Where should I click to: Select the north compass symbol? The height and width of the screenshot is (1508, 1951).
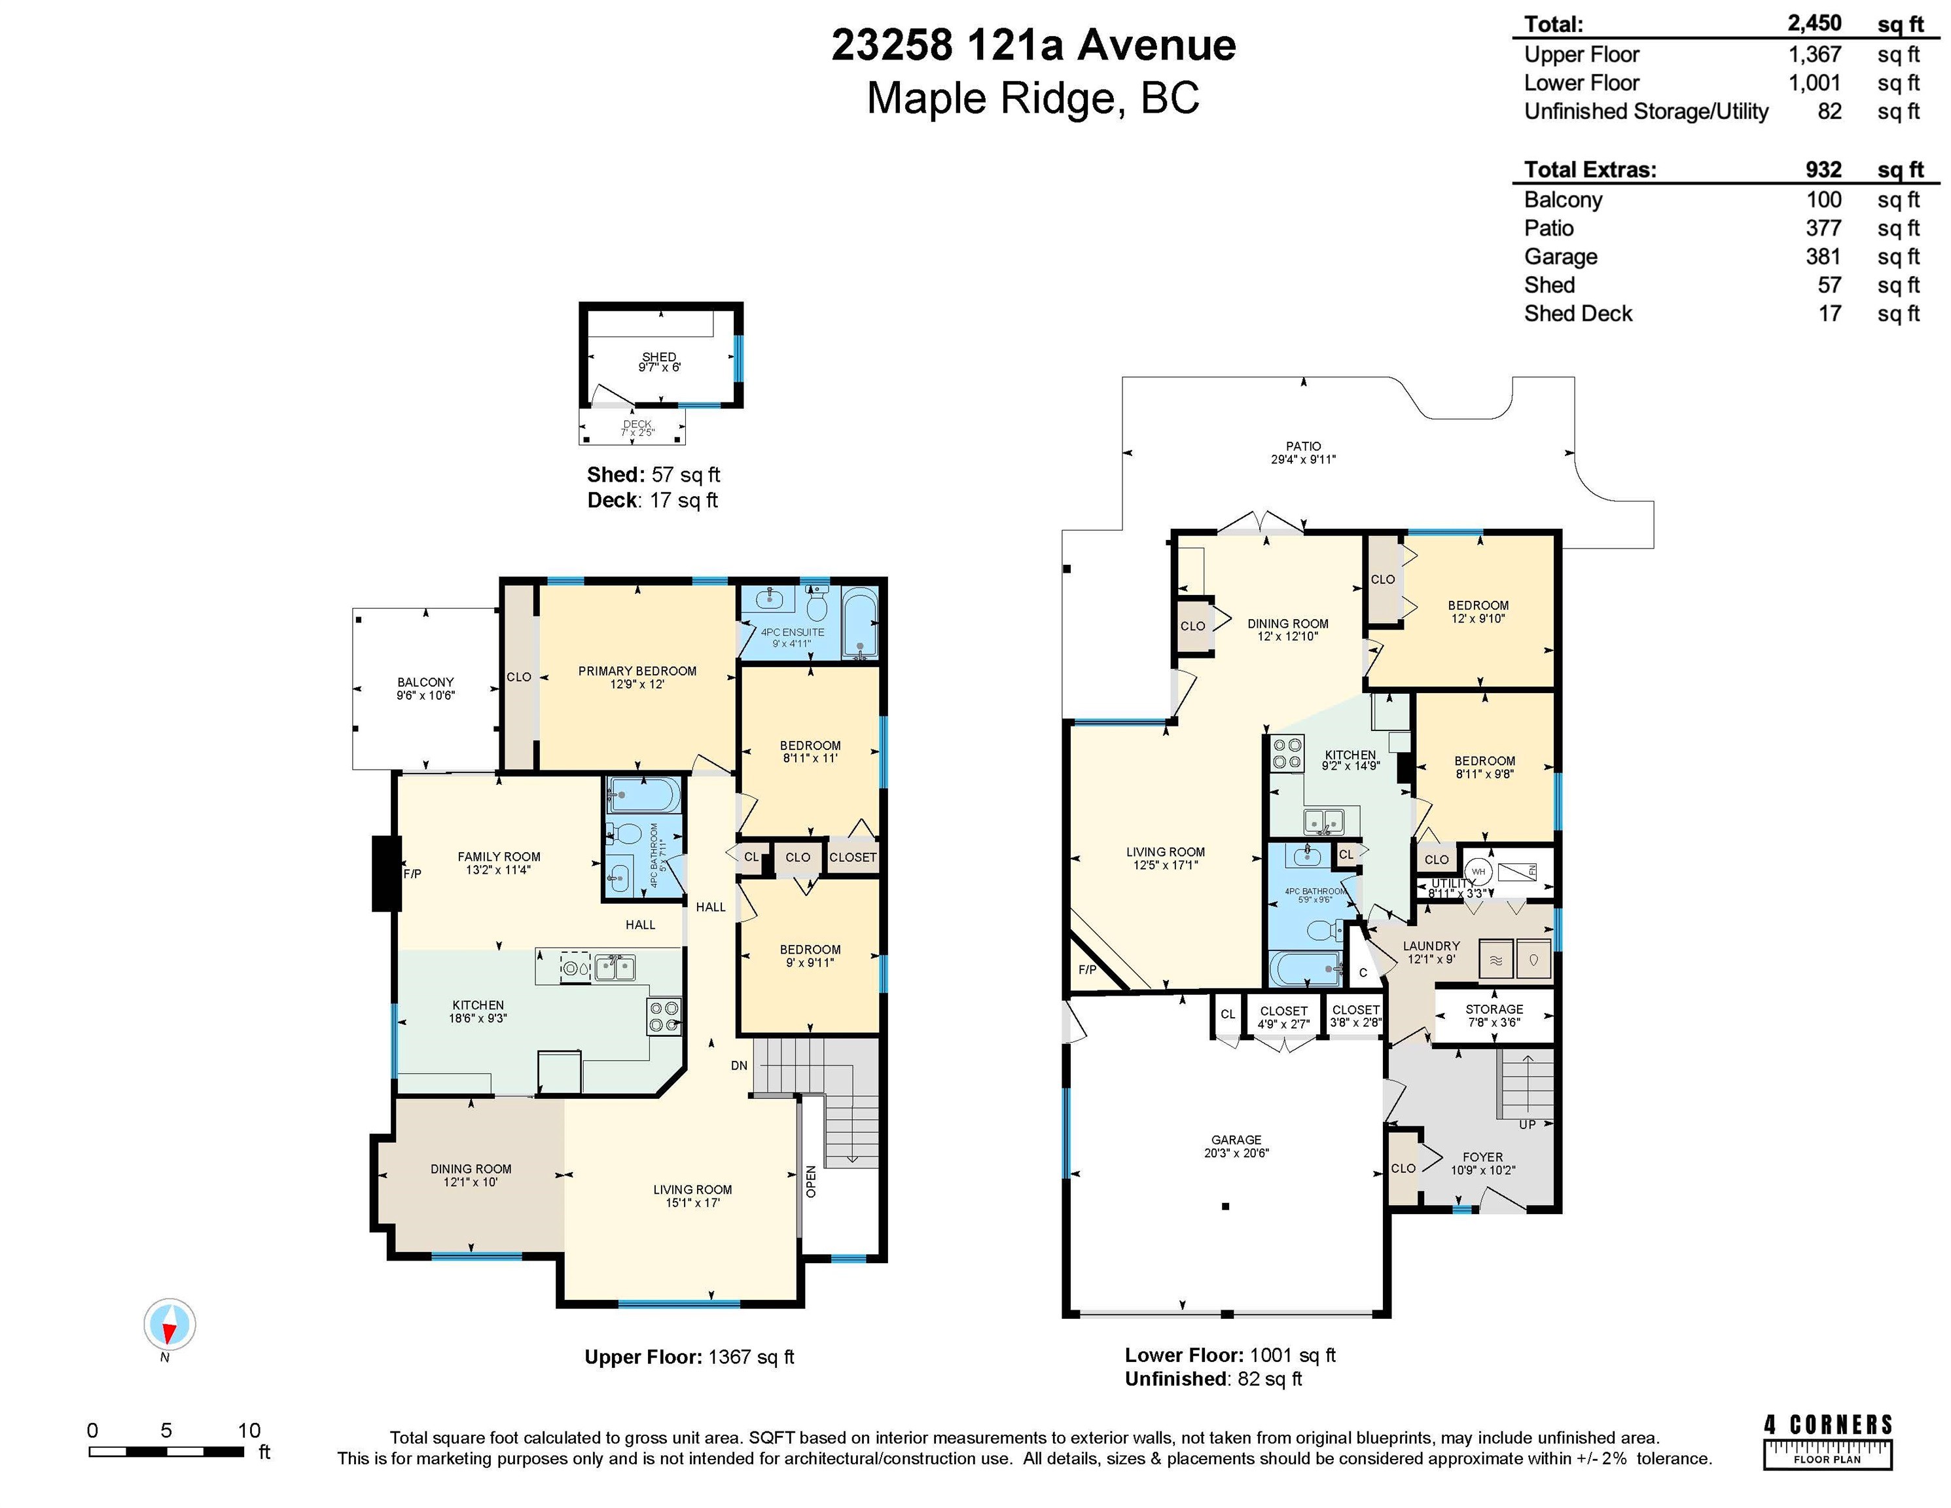(x=169, y=1324)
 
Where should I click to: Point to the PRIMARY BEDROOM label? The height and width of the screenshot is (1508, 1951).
(x=637, y=671)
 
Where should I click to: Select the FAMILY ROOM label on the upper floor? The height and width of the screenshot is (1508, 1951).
(x=499, y=857)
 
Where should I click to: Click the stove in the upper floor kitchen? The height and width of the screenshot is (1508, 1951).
(x=664, y=1016)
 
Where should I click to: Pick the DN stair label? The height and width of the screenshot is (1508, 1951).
(x=739, y=1066)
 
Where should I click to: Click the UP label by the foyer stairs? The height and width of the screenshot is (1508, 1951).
(x=1527, y=1124)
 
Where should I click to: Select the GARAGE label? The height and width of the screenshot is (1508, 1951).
(x=1236, y=1140)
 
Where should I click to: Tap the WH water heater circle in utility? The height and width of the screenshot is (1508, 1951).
(x=1478, y=871)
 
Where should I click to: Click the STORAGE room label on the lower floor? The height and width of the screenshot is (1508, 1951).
(x=1495, y=1009)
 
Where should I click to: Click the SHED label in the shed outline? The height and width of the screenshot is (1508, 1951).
(x=659, y=357)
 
